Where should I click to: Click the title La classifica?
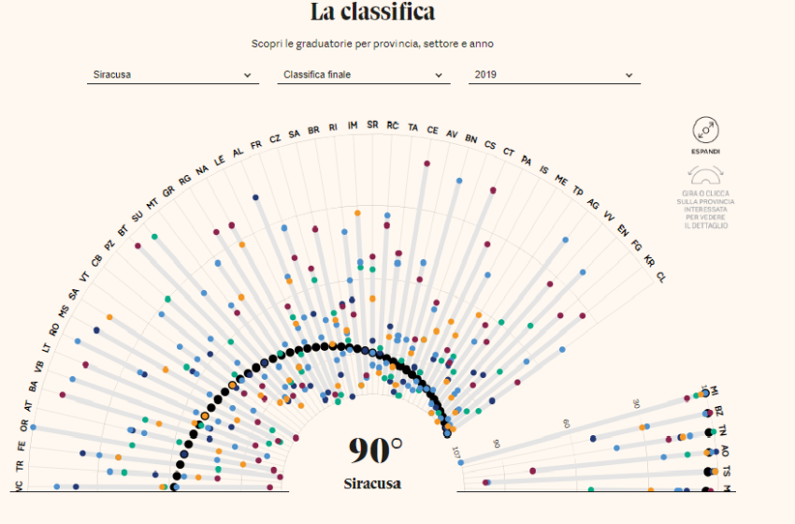(372, 13)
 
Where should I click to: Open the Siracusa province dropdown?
(174, 75)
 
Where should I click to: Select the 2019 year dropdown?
(554, 75)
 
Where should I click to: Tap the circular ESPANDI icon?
(705, 130)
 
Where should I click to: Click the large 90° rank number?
(375, 451)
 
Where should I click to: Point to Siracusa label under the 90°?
(371, 484)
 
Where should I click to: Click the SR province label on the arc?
(372, 124)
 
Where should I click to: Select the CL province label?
(661, 277)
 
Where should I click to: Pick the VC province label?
(19, 486)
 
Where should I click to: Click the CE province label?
(432, 129)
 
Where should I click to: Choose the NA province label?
(202, 169)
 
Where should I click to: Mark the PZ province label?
(109, 245)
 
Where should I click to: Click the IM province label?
(353, 125)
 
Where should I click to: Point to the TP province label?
(577, 190)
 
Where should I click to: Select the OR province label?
(23, 424)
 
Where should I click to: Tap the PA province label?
(526, 160)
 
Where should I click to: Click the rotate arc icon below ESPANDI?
(705, 174)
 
